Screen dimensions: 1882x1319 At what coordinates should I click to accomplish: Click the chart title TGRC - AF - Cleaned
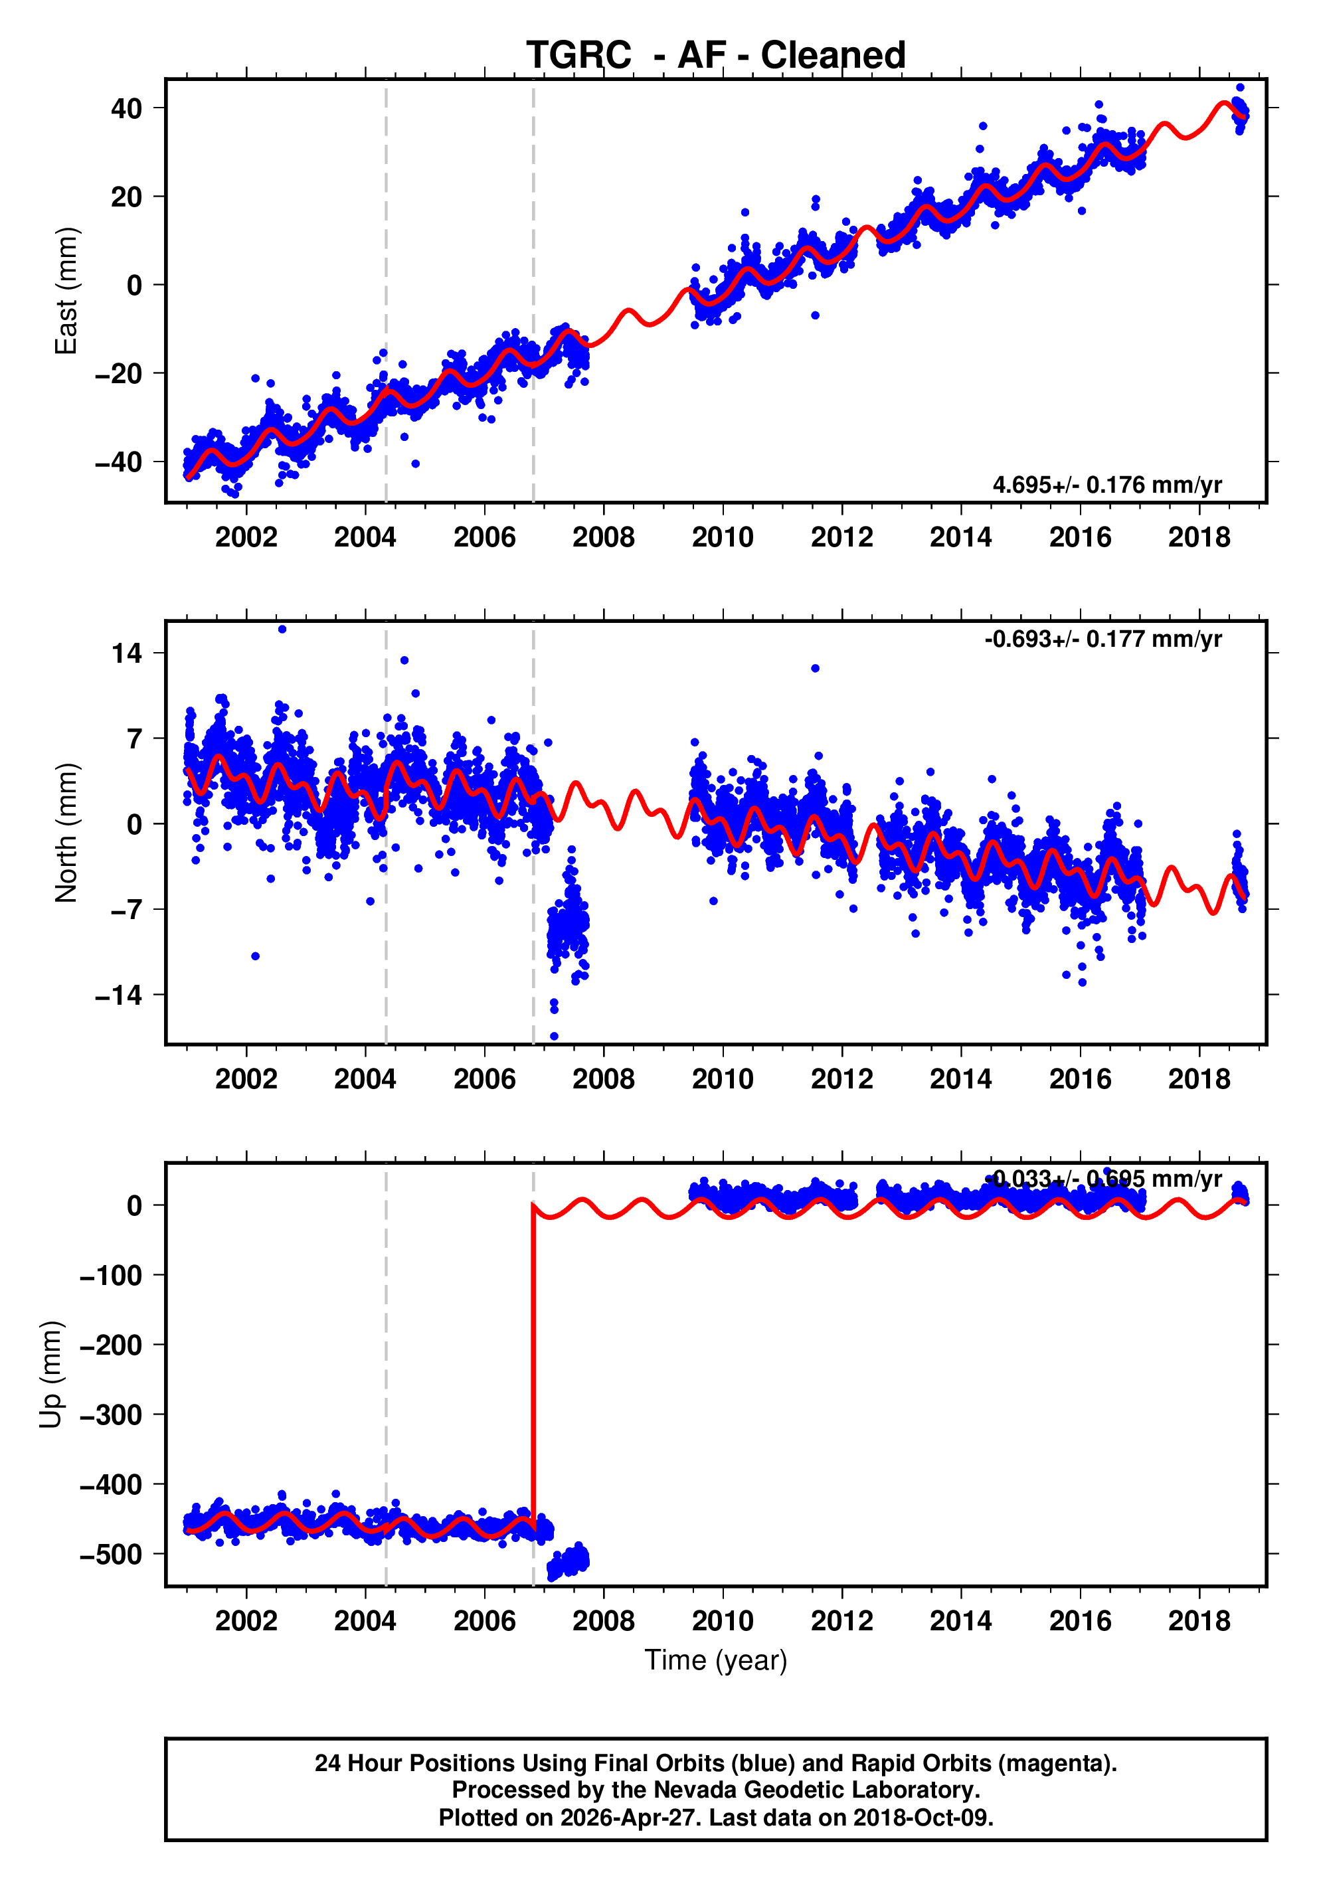click(x=716, y=55)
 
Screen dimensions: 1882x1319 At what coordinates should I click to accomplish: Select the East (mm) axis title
click(x=66, y=291)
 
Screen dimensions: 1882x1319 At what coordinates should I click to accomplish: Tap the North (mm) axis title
click(x=66, y=833)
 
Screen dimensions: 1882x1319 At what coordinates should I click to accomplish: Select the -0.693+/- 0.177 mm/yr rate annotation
click(x=1102, y=639)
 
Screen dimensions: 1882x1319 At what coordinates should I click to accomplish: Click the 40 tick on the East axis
click(x=126, y=108)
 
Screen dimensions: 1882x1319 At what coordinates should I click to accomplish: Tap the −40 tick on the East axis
click(x=118, y=462)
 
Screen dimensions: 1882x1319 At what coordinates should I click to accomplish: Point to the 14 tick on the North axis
click(x=127, y=653)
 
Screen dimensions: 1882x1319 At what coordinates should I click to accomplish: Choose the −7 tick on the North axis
click(x=118, y=910)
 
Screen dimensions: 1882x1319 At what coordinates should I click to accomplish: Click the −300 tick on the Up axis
click(x=111, y=1414)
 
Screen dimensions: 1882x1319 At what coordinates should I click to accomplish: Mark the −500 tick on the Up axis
click(x=111, y=1554)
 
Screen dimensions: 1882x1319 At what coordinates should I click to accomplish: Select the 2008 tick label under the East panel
click(x=603, y=538)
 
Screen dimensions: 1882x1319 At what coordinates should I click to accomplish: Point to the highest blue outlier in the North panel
click(x=282, y=630)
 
